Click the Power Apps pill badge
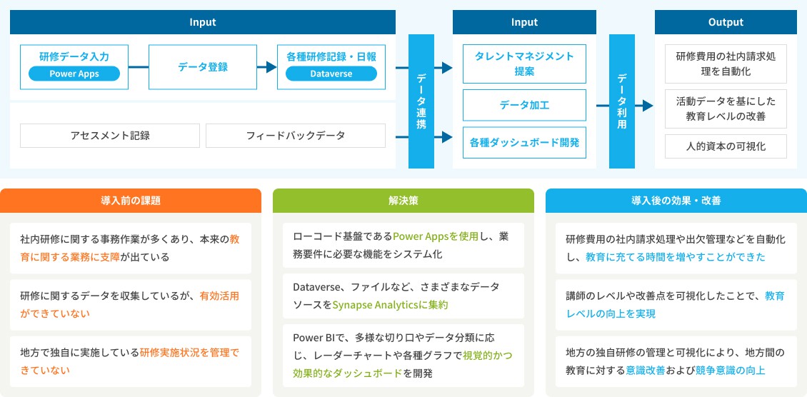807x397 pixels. click(x=74, y=74)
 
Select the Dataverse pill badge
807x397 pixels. click(x=331, y=74)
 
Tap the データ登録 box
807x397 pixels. click(x=203, y=66)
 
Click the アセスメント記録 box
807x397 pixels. click(x=110, y=135)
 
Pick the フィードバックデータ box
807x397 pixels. click(x=295, y=135)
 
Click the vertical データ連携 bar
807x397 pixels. click(x=421, y=101)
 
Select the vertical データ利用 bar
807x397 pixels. click(x=621, y=101)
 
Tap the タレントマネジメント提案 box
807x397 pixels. click(x=524, y=64)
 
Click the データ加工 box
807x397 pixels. click(x=524, y=105)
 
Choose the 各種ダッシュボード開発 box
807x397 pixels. click(x=524, y=142)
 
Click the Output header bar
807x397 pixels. click(x=726, y=22)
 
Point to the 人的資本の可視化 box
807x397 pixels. click(x=726, y=146)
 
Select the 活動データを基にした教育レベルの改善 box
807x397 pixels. click(x=726, y=108)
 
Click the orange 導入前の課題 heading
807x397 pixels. click(x=131, y=201)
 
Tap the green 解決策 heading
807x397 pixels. click(x=403, y=201)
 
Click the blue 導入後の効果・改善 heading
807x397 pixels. click(x=676, y=201)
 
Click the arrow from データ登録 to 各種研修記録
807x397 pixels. click(x=267, y=66)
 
